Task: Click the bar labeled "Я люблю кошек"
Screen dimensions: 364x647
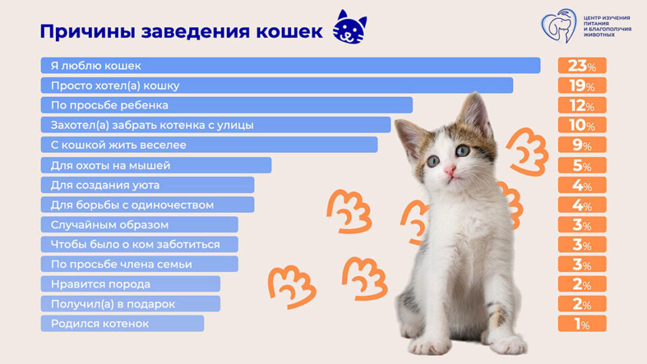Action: [x=290, y=65]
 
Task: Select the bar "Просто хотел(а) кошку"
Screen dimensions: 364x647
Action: [x=276, y=86]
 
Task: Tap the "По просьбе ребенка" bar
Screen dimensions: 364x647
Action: [x=226, y=105]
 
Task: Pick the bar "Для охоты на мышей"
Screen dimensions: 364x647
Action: [x=156, y=165]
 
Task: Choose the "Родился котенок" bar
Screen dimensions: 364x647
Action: [x=122, y=324]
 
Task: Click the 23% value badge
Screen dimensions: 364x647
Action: [x=582, y=66]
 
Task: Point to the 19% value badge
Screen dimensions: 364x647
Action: [x=582, y=86]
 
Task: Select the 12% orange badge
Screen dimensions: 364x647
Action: [x=582, y=106]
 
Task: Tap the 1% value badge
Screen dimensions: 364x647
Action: [x=582, y=324]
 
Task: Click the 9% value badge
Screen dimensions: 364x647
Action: [x=582, y=146]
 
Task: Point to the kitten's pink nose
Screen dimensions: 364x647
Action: [x=450, y=170]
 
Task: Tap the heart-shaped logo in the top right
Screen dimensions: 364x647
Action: [x=559, y=26]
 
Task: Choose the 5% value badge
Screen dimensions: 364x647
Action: [x=582, y=166]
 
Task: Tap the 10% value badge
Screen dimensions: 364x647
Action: [x=582, y=125]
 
